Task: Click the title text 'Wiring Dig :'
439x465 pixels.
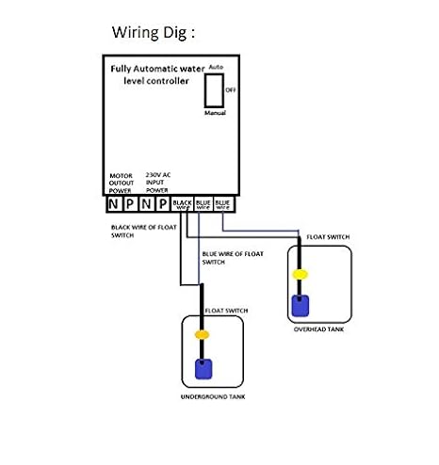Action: click(x=154, y=33)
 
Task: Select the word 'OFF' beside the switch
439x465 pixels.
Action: click(x=230, y=88)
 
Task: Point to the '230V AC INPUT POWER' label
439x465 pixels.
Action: click(x=158, y=181)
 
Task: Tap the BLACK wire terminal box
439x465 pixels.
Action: click(x=183, y=203)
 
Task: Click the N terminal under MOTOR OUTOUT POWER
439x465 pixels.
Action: click(x=113, y=203)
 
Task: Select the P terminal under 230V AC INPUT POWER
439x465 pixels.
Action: click(x=162, y=203)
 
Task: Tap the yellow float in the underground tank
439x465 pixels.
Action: click(x=202, y=334)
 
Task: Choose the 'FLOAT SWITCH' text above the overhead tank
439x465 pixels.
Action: click(x=327, y=238)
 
